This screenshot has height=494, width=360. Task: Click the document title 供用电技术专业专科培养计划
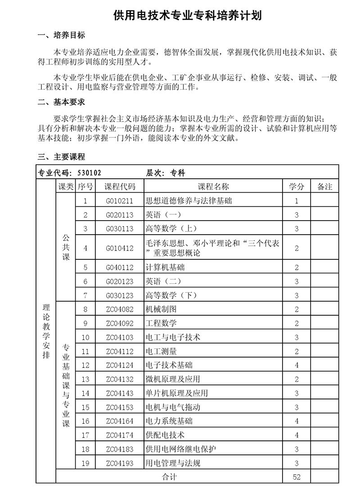187,16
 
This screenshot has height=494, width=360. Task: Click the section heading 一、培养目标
61,36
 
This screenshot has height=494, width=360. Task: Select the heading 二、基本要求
61,103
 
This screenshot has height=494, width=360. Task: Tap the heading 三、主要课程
61,157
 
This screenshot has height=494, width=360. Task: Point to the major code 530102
90,172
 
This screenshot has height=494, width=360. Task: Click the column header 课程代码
120,186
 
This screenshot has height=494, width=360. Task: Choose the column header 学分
297,186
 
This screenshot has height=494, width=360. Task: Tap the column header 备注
324,186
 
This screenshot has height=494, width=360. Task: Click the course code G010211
120,201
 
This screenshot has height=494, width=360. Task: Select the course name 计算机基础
165,267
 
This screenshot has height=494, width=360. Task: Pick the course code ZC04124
120,365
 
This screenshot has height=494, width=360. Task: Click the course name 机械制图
161,309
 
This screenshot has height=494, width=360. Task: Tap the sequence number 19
86,463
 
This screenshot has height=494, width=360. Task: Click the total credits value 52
297,477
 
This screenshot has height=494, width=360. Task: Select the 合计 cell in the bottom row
169,477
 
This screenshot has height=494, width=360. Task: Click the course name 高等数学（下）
171,295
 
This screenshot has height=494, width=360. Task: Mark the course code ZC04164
120,421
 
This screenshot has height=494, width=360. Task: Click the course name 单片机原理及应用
177,393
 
